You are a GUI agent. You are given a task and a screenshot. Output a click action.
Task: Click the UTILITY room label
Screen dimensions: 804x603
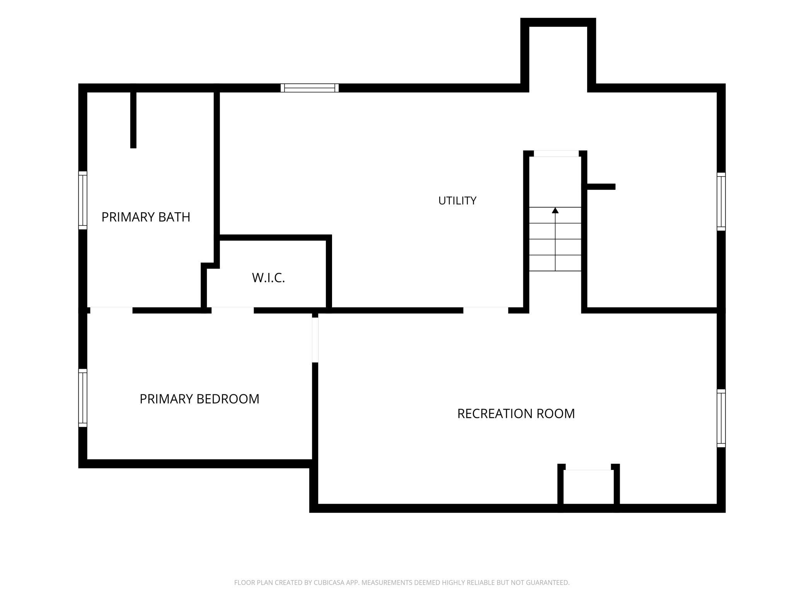457,201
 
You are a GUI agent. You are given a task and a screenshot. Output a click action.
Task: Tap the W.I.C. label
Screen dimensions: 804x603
268,278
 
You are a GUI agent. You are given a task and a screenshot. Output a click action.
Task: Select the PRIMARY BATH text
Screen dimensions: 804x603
146,217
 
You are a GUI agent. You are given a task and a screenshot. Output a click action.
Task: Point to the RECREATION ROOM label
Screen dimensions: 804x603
516,414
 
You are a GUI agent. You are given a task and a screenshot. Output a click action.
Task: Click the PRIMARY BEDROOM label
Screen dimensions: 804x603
199,399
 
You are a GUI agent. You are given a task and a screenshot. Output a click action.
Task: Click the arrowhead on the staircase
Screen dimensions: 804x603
555,210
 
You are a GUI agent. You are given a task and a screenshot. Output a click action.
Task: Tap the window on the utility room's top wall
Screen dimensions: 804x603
310,88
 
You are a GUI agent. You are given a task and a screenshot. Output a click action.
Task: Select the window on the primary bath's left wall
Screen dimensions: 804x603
83,200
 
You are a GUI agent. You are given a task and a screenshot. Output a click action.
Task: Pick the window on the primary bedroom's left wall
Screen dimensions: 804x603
83,398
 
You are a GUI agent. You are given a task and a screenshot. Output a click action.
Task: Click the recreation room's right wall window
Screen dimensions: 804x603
721,418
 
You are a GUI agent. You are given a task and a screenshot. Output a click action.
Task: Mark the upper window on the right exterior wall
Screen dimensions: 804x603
721,202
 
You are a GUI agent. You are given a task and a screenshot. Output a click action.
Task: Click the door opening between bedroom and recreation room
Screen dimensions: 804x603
315,340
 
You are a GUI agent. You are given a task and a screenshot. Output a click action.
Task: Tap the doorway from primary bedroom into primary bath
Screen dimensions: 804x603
111,310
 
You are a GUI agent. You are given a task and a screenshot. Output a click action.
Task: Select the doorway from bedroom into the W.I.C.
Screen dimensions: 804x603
233,310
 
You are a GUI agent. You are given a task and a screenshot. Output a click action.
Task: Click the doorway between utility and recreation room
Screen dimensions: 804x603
485,310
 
